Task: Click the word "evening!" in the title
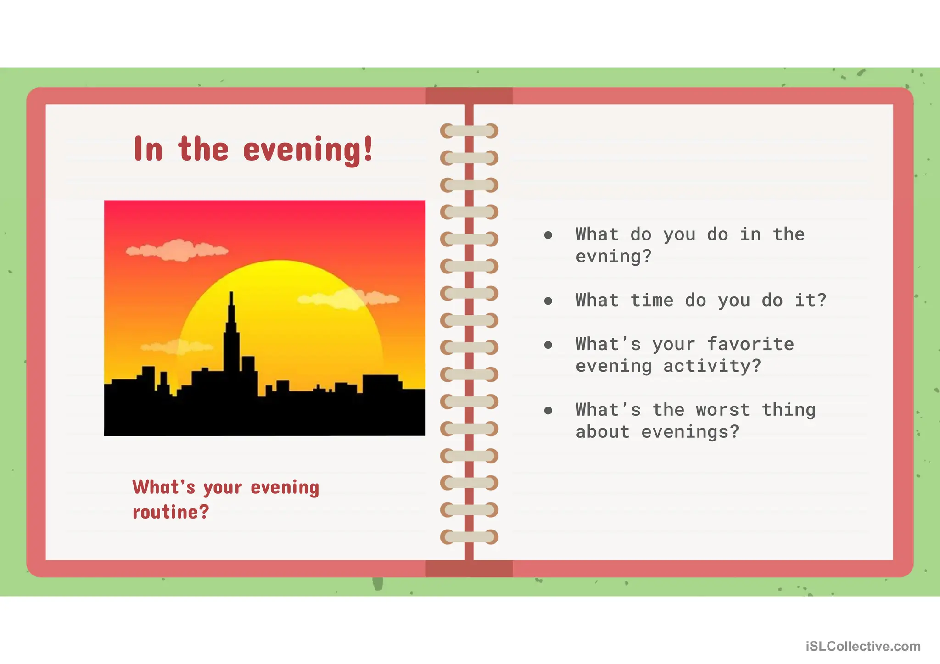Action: pyautogui.click(x=308, y=150)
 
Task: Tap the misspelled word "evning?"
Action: pyautogui.click(x=613, y=257)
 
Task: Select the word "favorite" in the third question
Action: pyautogui.click(x=750, y=344)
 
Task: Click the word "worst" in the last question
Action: pyautogui.click(x=723, y=410)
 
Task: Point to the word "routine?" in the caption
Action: pyautogui.click(x=171, y=512)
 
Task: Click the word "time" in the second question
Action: pyautogui.click(x=652, y=301)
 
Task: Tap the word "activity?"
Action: pyautogui.click(x=712, y=366)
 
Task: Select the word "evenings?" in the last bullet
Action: pyautogui.click(x=690, y=432)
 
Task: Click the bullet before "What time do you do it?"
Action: pyautogui.click(x=548, y=301)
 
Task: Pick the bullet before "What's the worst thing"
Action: pyautogui.click(x=548, y=410)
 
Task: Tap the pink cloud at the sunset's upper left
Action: pyautogui.click(x=177, y=250)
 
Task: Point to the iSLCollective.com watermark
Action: pyautogui.click(x=863, y=646)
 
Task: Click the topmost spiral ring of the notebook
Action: pyautogui.click(x=469, y=131)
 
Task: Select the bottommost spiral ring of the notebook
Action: pyautogui.click(x=469, y=537)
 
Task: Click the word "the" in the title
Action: pyautogui.click(x=203, y=150)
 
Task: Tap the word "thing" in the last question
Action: pyautogui.click(x=789, y=410)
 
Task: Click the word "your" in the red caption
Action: pyautogui.click(x=223, y=488)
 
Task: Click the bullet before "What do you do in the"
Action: pyautogui.click(x=548, y=235)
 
